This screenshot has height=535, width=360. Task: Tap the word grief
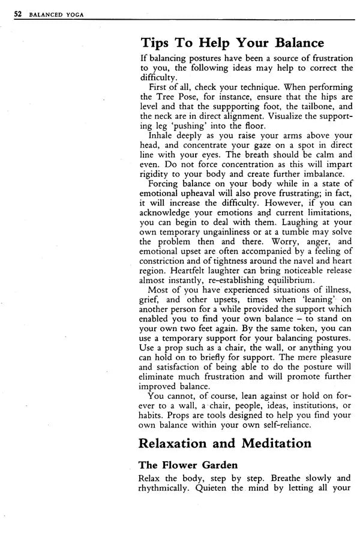click(150, 299)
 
